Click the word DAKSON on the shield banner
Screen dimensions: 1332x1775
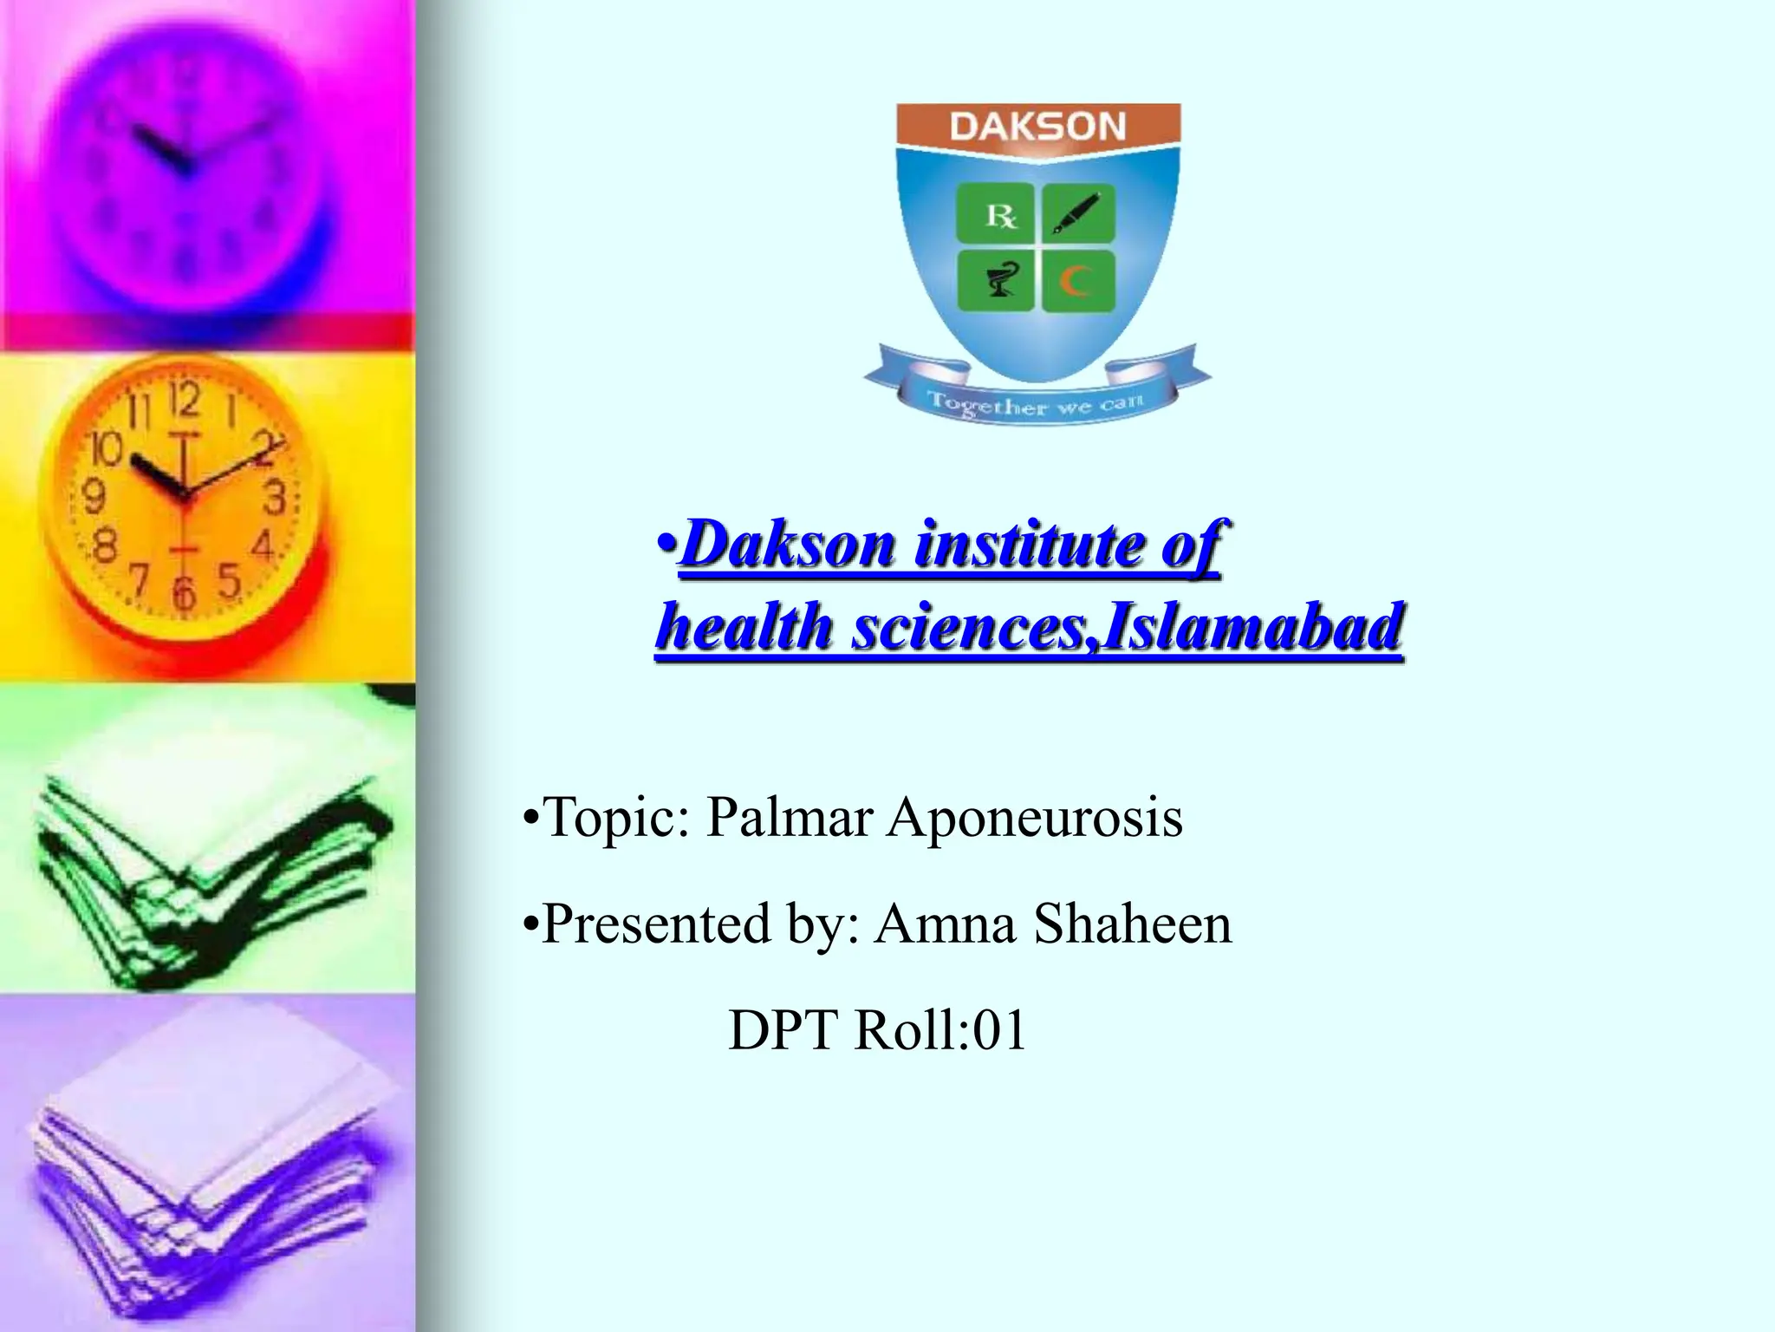(x=1037, y=127)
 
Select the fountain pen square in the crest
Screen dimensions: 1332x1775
(x=1077, y=213)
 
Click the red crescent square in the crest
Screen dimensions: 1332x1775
(x=1077, y=281)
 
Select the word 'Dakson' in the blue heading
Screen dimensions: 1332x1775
(x=788, y=545)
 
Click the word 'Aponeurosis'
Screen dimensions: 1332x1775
(x=1033, y=819)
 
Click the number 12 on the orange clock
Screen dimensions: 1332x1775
(x=184, y=401)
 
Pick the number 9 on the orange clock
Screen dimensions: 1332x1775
(x=93, y=498)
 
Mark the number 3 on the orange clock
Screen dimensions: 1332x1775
(x=276, y=498)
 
